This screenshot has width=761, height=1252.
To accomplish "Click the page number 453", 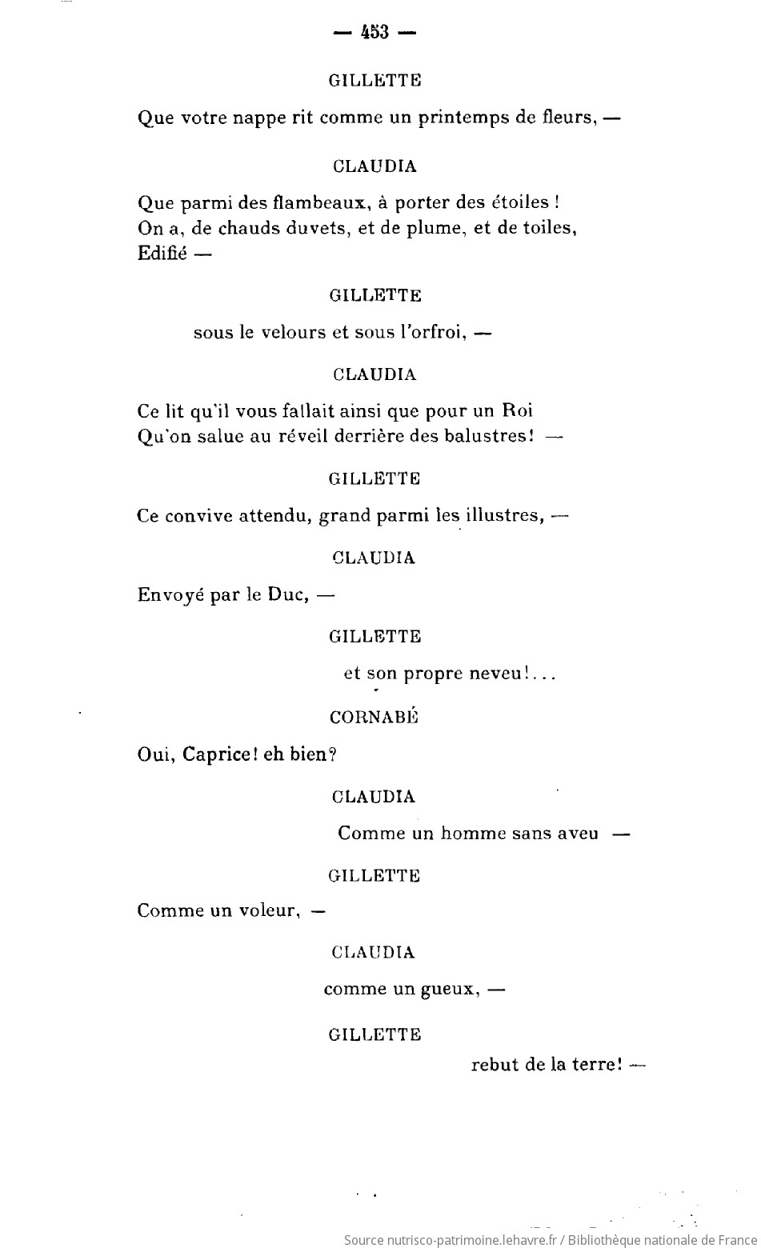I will coord(374,33).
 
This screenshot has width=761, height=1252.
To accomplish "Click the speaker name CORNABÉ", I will coord(374,717).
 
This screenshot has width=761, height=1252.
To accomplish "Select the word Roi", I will coord(517,410).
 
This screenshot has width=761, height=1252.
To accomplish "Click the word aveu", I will coord(576,833).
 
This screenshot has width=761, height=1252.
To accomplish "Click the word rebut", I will coord(495,1065).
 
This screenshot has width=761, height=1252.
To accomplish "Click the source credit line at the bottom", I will coord(551,1240).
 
